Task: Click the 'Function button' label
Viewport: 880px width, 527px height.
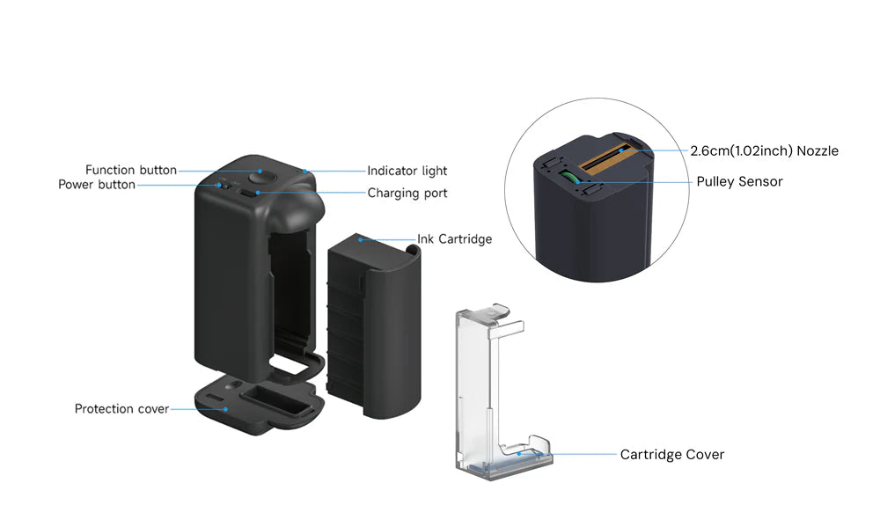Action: point(130,170)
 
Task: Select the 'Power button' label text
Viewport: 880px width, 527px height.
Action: point(97,185)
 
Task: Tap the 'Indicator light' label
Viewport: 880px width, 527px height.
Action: point(407,171)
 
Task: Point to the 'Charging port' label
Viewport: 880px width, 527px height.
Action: point(407,193)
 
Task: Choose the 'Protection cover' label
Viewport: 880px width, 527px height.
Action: point(121,409)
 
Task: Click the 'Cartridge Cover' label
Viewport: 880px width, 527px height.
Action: point(671,455)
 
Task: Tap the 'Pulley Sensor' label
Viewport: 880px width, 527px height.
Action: point(739,182)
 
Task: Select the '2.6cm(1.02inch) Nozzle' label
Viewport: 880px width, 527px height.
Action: point(764,151)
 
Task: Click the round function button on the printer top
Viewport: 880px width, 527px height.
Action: point(262,176)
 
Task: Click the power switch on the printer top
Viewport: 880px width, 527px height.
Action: point(224,185)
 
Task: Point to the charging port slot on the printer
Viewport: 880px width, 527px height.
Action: point(256,194)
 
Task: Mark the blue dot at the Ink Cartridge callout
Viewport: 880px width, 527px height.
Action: point(360,238)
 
